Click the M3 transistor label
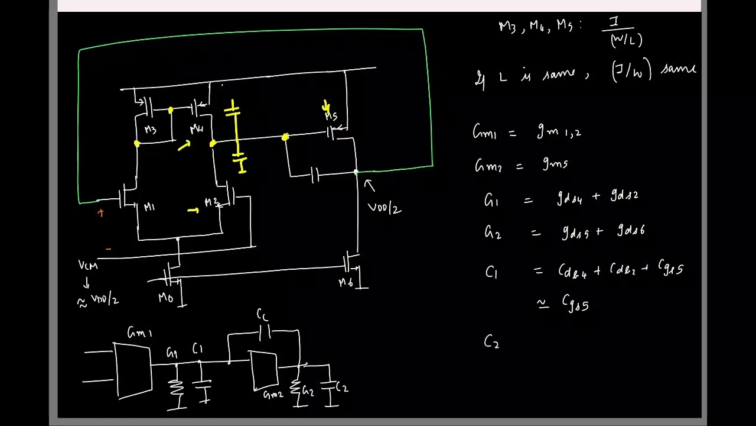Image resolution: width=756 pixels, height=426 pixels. point(150,130)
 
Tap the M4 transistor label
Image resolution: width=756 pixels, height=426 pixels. point(197,130)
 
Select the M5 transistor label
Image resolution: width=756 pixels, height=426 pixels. point(331,117)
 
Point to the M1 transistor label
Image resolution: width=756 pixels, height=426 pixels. point(149,207)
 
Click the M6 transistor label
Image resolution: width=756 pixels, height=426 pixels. point(346,283)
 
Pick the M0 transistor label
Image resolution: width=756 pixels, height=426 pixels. point(165,298)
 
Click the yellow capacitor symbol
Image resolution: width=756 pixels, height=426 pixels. point(236,136)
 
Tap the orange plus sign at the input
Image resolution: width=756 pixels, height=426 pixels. point(101,213)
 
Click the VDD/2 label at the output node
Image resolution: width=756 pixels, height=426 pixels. point(384,208)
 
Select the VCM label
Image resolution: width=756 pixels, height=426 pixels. point(88,265)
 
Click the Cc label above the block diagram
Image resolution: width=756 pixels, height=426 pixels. point(263,314)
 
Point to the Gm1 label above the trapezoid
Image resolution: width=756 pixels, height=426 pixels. point(139,333)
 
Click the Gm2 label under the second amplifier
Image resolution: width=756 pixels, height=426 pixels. point(273,395)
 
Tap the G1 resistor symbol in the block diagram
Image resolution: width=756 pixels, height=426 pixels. point(176,388)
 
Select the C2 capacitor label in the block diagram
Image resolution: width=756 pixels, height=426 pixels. point(342,388)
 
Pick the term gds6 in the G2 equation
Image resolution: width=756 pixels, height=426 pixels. point(630,230)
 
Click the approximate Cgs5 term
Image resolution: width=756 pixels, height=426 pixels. point(575,304)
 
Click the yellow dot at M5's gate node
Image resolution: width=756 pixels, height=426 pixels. point(285,137)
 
